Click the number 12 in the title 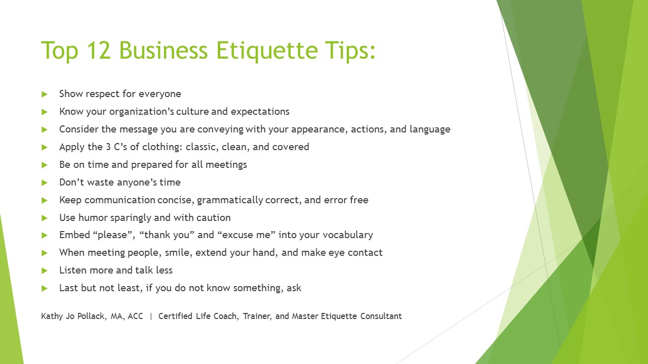[x=98, y=50]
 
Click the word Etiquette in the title [x=267, y=50]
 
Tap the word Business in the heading [x=163, y=50]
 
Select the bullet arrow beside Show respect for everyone [x=44, y=94]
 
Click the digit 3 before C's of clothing [x=108, y=147]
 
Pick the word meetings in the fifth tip [x=226, y=165]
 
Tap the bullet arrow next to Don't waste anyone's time [x=44, y=183]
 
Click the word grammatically [x=230, y=200]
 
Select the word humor [x=93, y=217]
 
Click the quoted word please [x=112, y=235]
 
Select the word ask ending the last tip [x=294, y=288]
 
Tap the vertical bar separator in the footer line [x=151, y=316]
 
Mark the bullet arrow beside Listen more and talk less [x=44, y=270]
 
